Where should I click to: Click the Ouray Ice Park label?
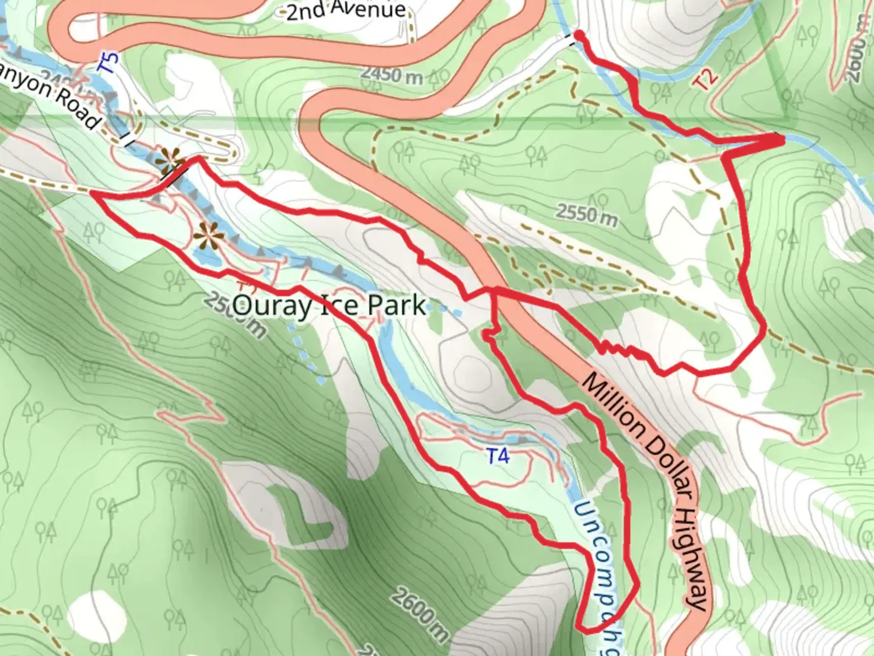[328, 306]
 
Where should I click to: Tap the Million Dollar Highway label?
[645, 490]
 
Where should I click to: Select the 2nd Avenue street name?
[345, 10]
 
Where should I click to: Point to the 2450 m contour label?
[391, 75]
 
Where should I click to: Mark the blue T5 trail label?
[109, 64]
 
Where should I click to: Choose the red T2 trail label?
[707, 78]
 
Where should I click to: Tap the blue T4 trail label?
[498, 456]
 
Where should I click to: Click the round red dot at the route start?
[578, 35]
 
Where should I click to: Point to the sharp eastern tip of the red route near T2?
[782, 140]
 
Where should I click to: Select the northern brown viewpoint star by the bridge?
[167, 160]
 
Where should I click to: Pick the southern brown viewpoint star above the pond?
[208, 233]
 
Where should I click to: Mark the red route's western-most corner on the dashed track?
[92, 193]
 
